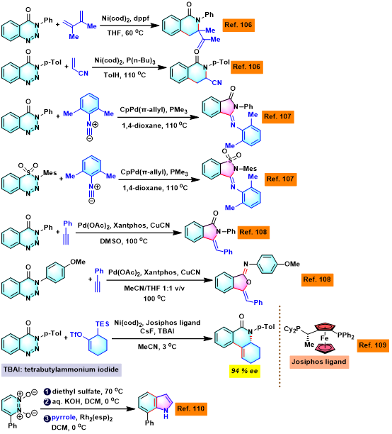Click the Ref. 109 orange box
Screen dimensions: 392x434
click(373, 345)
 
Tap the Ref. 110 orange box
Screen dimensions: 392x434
click(191, 408)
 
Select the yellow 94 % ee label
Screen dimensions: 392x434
click(245, 371)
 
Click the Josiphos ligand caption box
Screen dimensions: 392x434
click(319, 362)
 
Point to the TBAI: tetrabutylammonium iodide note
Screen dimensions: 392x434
click(62, 369)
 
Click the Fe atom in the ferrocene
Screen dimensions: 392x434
click(325, 338)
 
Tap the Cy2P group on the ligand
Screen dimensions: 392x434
click(292, 329)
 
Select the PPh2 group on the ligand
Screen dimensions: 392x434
click(345, 335)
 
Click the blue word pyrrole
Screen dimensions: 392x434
click(64, 418)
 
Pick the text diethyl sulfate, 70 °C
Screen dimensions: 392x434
click(87, 391)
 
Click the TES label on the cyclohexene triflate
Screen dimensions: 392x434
click(102, 324)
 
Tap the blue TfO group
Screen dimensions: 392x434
click(76, 335)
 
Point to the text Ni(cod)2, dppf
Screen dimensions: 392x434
click(125, 18)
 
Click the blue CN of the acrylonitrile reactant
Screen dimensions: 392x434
click(83, 73)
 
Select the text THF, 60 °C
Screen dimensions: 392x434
click(125, 33)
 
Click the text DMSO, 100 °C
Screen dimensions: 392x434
click(124, 241)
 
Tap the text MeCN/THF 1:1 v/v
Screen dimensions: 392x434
click(154, 289)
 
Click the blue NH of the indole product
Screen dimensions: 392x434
click(166, 413)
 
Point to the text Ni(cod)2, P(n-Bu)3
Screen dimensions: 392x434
click(125, 60)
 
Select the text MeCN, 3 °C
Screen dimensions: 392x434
click(157, 347)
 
